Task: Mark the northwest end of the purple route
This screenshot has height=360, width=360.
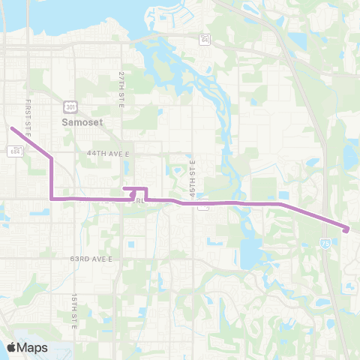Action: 12,128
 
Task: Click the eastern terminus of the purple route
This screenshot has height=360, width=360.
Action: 346,229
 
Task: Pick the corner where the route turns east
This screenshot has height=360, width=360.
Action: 51,199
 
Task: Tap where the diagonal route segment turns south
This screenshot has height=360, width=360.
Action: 50,158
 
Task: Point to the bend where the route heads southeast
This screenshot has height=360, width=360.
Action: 280,203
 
